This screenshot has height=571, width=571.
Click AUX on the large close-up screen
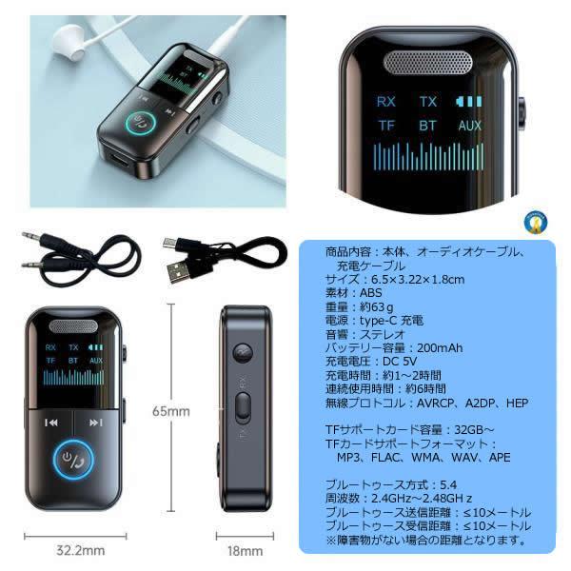469,125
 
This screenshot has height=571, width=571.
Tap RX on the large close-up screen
386,101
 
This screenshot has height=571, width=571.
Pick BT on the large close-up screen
427,125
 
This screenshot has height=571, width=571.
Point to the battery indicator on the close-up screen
469,101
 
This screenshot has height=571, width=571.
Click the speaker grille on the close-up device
429,65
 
